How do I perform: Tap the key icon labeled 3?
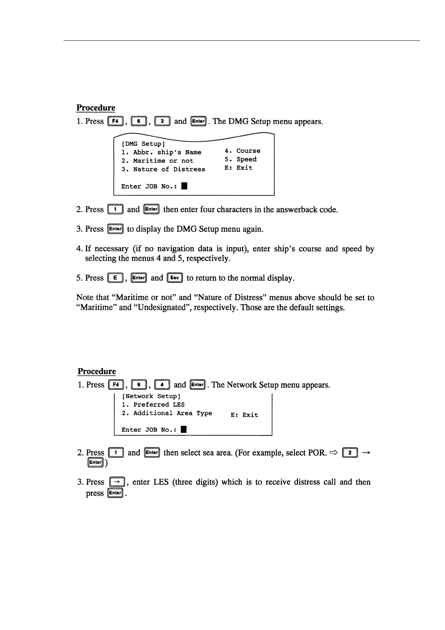[162, 121]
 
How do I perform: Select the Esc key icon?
[175, 278]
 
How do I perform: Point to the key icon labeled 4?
[162, 385]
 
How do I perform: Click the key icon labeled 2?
[350, 453]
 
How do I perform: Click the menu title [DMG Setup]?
[143, 144]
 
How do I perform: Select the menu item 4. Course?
[242, 151]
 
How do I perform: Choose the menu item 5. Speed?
[240, 159]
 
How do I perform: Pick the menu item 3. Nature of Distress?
[163, 169]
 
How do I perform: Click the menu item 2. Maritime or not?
[157, 161]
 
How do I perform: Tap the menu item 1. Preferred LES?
[153, 405]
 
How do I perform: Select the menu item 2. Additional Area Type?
[167, 413]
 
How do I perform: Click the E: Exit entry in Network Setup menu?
[244, 415]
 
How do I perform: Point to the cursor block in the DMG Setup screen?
[184, 186]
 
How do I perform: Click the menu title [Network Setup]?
[151, 396]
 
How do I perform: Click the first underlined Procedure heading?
[96, 108]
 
